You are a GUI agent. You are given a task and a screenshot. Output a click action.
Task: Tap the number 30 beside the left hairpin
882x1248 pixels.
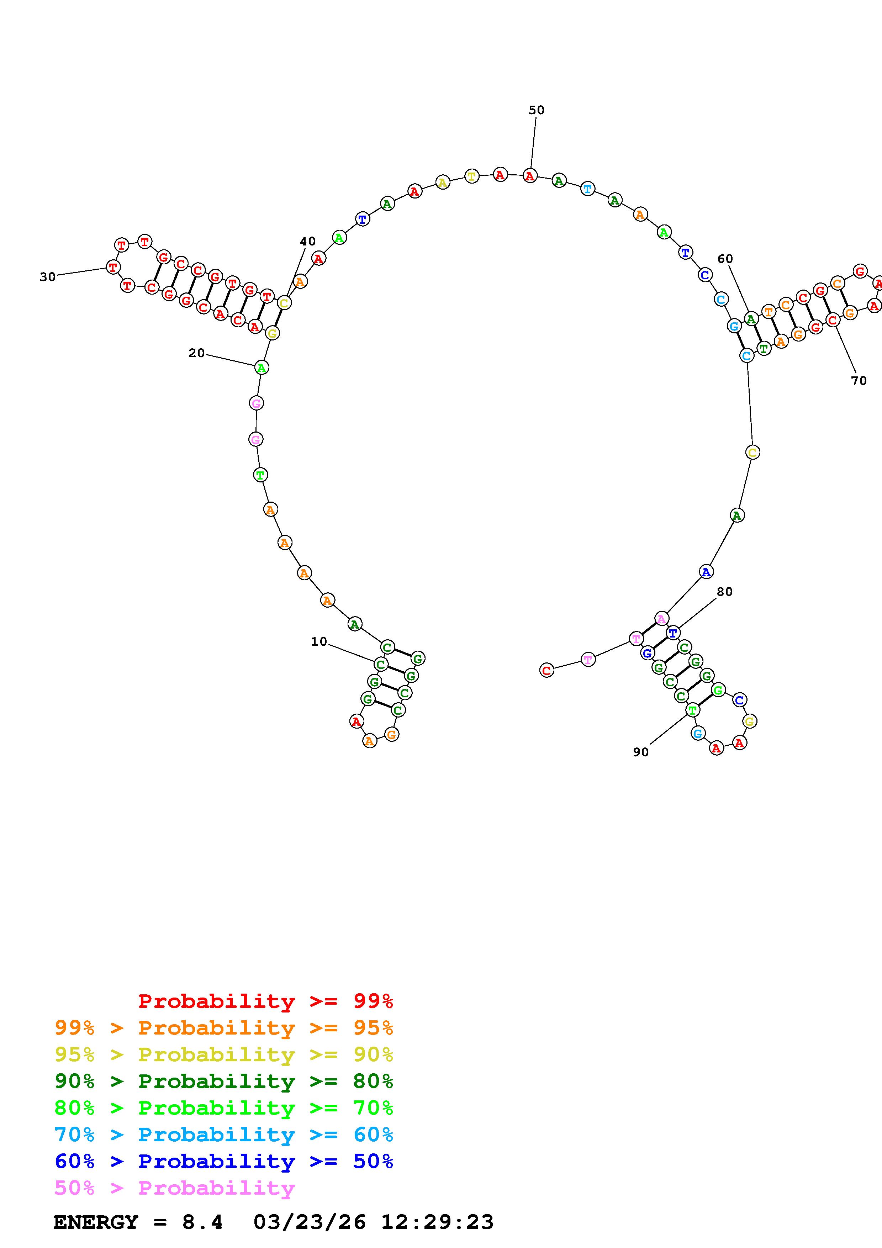[x=48, y=277]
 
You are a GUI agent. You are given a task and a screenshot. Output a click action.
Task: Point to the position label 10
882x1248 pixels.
[x=319, y=641]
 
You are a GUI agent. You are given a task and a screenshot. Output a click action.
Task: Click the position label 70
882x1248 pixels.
[x=859, y=381]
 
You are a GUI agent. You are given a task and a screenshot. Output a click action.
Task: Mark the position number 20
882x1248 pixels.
[x=197, y=353]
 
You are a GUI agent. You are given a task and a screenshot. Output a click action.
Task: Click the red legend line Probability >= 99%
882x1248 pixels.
[x=266, y=1001]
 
